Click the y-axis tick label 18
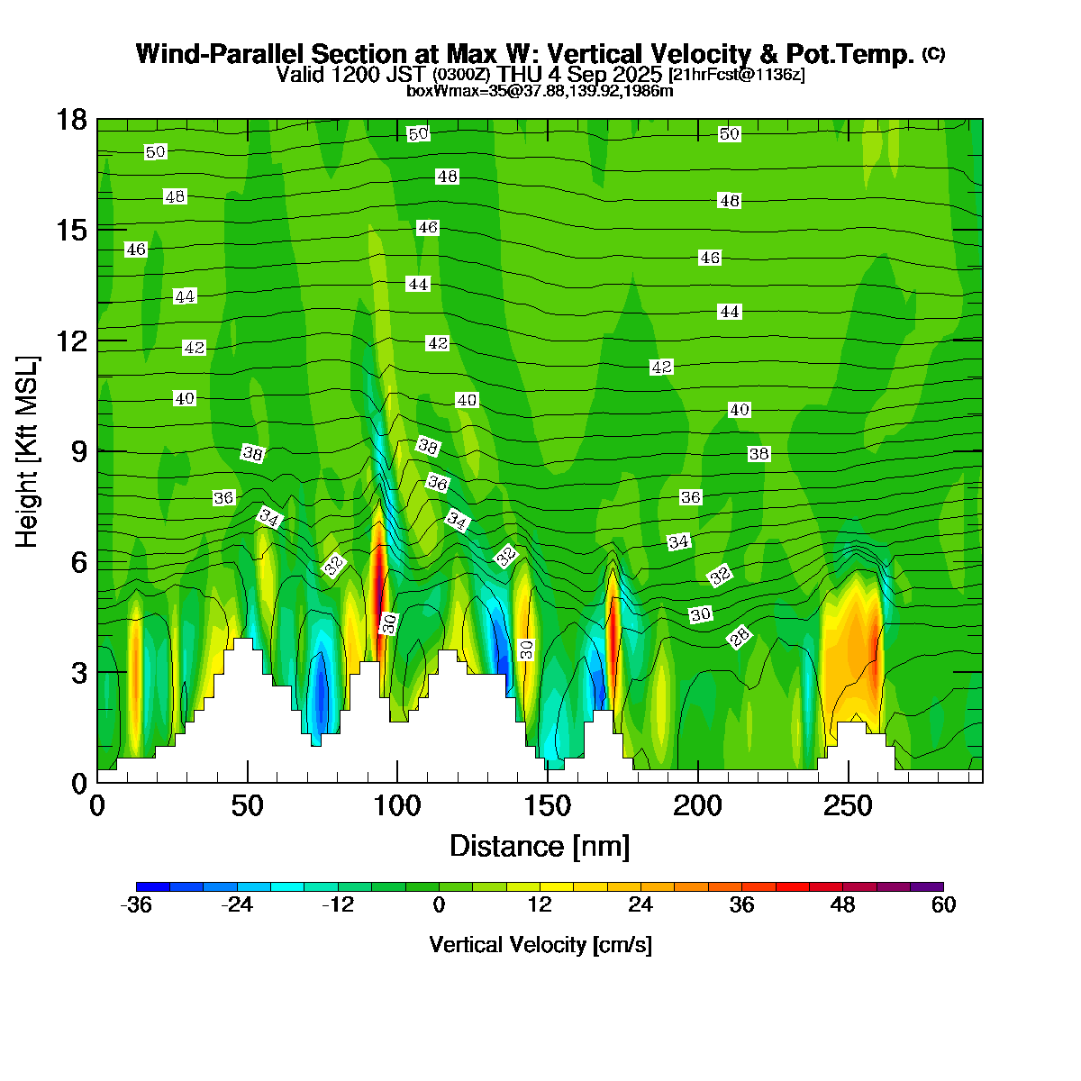coord(72,120)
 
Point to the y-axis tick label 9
coord(78,451)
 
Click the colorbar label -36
coord(136,905)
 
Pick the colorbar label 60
coord(943,905)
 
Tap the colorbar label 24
coord(640,905)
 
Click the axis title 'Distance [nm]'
coord(540,847)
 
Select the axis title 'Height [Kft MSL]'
coord(28,451)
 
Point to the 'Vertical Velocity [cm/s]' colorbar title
coord(540,945)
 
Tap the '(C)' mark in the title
coord(933,54)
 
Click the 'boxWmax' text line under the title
coord(540,91)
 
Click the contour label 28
coord(740,638)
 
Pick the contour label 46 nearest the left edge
coord(136,250)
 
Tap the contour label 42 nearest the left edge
coord(195,348)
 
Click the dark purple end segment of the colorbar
coord(927,886)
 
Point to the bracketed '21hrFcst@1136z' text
coord(737,75)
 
